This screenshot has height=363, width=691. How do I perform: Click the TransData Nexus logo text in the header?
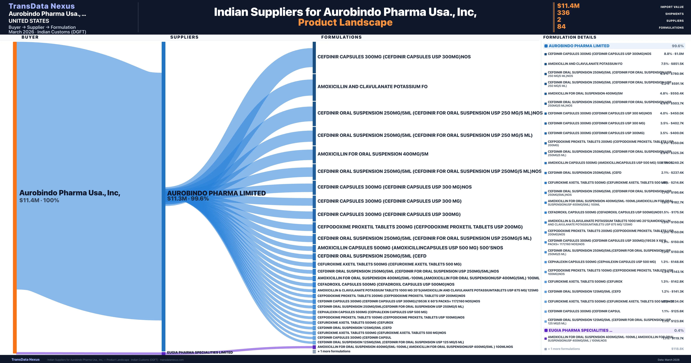(42, 6)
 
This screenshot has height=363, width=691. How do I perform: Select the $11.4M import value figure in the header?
(568, 6)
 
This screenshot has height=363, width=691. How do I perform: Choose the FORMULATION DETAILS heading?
(569, 37)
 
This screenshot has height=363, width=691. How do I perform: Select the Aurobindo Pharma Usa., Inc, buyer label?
(70, 193)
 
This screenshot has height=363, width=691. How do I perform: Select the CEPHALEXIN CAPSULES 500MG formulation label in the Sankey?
(372, 312)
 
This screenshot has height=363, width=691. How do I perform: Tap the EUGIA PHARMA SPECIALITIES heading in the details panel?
(580, 330)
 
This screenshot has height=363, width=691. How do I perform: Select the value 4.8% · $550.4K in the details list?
(672, 93)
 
